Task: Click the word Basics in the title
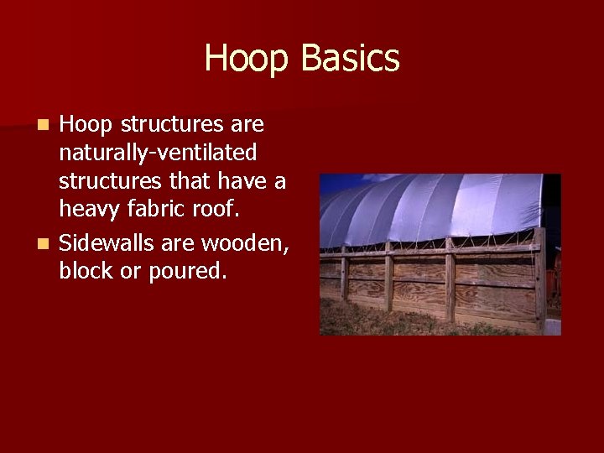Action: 350,59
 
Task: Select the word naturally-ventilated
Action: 158,154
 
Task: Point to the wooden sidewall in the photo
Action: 428,281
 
